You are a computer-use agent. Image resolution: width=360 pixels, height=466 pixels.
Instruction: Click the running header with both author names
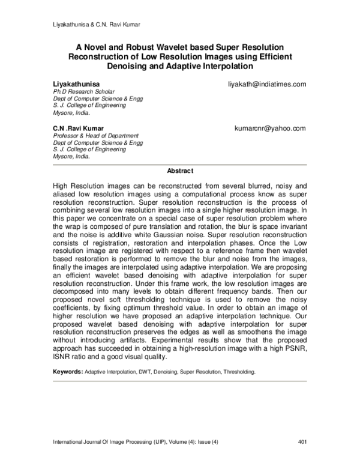[x=92, y=25]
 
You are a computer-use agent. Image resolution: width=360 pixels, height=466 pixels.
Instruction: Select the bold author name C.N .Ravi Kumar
[x=79, y=129]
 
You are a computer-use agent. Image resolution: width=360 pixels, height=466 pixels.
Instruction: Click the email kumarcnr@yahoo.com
[x=271, y=129]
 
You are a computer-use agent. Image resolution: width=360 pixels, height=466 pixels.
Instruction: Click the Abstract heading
[x=180, y=171]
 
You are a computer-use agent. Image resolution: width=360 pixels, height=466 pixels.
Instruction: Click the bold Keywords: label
[x=68, y=372]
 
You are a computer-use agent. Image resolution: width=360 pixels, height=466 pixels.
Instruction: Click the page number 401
[x=302, y=443]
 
